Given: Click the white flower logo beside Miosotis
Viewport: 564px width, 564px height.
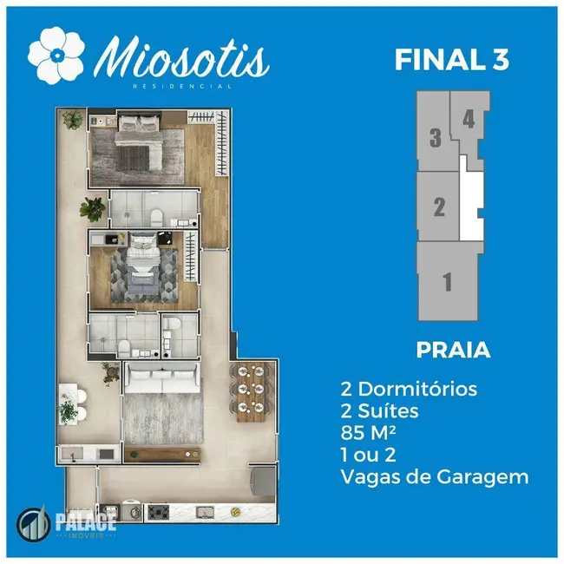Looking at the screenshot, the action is [56, 55].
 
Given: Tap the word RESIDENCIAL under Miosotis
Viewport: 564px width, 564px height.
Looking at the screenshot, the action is [182, 86].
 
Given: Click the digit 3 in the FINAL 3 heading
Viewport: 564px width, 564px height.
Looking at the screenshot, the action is [499, 60].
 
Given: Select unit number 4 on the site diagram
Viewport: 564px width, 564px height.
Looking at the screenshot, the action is [469, 119].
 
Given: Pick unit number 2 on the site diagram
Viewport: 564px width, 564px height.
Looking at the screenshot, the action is [439, 207].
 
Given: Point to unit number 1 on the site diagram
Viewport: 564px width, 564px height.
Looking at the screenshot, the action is [447, 282].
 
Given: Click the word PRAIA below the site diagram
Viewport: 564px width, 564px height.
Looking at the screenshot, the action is [453, 350].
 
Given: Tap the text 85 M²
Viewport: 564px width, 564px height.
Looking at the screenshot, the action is [368, 432].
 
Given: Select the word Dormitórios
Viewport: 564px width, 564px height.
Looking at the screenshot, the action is [417, 389].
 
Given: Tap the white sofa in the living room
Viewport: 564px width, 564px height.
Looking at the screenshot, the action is [161, 378].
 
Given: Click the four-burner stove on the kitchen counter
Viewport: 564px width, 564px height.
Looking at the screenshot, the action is [159, 512].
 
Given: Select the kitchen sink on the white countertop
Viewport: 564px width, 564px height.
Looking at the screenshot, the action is [205, 511].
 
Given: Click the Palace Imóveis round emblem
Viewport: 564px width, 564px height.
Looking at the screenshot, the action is [34, 523].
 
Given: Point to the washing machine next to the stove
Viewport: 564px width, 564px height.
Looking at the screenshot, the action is [131, 511].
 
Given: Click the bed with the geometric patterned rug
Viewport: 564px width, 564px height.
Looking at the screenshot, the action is [143, 267].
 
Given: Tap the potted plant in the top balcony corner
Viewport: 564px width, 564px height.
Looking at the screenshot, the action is [72, 120].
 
